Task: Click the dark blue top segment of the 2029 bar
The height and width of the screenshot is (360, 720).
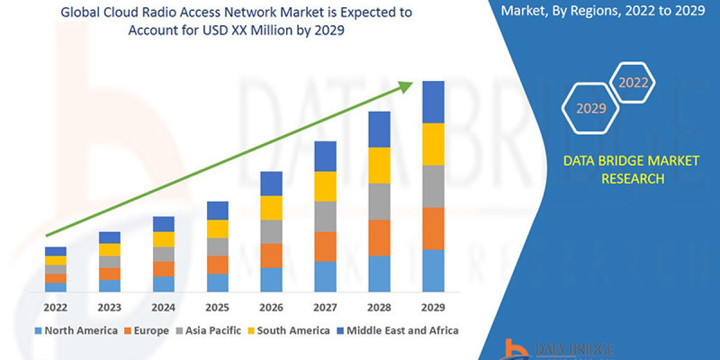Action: pos(433,102)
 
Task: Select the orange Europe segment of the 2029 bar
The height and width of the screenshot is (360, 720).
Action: pos(433,229)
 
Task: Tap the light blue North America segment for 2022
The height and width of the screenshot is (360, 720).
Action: pos(56,287)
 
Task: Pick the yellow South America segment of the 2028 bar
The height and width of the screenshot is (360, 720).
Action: pos(379,165)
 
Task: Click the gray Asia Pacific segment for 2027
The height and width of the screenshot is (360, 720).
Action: pos(325,216)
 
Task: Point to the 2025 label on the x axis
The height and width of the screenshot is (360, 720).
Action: pos(218,307)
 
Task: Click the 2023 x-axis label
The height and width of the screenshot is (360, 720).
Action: pos(110,307)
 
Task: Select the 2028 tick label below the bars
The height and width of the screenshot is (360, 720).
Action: pos(379,307)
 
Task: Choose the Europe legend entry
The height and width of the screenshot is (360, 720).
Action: pos(148,330)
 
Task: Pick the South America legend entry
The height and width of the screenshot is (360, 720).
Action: pos(288,330)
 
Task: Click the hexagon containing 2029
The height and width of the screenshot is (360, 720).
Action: pos(590,109)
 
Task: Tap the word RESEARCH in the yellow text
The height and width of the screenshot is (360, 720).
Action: pos(632,178)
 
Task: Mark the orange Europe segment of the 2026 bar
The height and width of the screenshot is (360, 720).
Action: pos(271,256)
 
